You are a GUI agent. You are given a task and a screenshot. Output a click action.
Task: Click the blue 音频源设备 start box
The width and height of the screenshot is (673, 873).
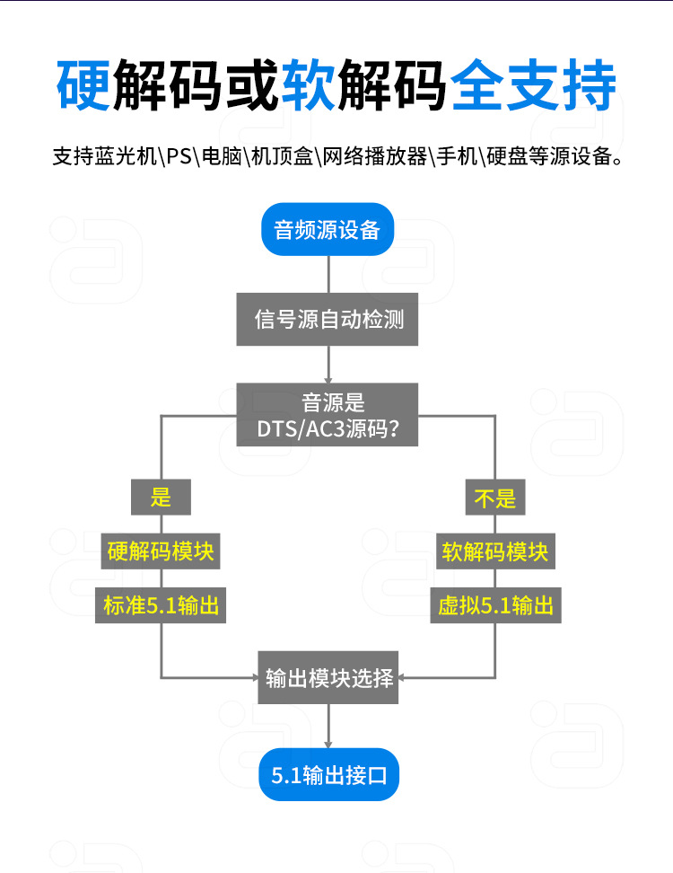[x=328, y=230]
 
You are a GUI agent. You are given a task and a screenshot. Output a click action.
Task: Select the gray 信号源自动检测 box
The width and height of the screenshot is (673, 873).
[x=328, y=319]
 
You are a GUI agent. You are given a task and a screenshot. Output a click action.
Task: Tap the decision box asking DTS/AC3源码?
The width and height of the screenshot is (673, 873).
[x=328, y=415]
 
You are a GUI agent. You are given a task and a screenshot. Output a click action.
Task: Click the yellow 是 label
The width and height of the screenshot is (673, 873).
[x=161, y=497]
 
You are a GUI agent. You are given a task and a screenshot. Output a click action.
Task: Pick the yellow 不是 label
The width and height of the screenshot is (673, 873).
[x=495, y=497]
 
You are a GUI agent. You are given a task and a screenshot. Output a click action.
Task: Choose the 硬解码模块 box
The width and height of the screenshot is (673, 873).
[x=161, y=551]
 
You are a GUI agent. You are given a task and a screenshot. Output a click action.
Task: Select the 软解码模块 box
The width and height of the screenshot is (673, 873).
[x=495, y=551]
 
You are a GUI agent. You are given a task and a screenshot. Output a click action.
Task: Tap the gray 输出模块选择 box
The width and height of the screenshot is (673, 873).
[x=329, y=677]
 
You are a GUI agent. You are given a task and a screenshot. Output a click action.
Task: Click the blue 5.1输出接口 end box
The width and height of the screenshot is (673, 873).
[x=329, y=774]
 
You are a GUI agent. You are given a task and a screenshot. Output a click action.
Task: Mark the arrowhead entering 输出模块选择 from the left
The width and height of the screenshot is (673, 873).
[x=254, y=677]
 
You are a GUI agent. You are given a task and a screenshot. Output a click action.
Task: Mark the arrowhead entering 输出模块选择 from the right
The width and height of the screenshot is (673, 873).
[x=405, y=677]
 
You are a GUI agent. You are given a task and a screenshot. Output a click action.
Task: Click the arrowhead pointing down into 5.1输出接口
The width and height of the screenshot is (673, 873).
[x=329, y=743]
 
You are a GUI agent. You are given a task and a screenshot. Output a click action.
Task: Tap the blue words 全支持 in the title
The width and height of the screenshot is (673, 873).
[x=533, y=86]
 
